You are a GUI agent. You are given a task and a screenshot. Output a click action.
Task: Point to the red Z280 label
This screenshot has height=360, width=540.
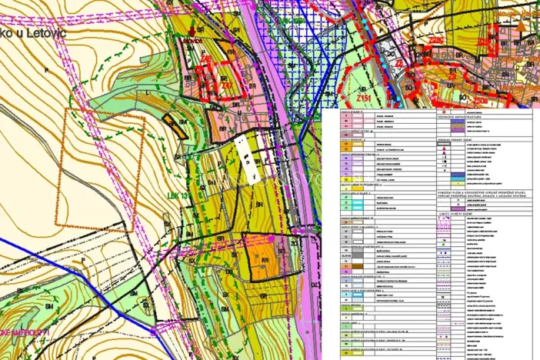pyautogui.click(x=435, y=40)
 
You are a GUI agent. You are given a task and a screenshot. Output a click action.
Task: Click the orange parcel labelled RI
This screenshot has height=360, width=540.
pyautogui.click(x=265, y=261)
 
